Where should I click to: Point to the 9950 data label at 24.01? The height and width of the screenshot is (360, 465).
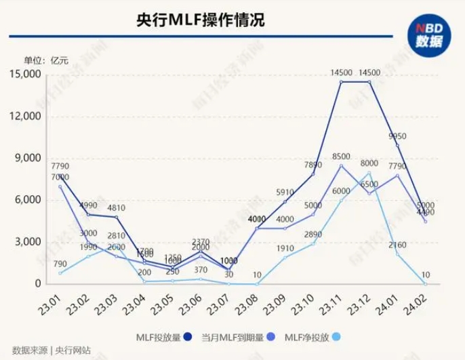point(397,136)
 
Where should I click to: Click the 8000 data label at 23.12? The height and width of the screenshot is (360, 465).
point(369,163)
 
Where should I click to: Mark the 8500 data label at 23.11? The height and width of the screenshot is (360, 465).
point(341,157)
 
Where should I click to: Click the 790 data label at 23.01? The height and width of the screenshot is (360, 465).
point(60,264)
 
